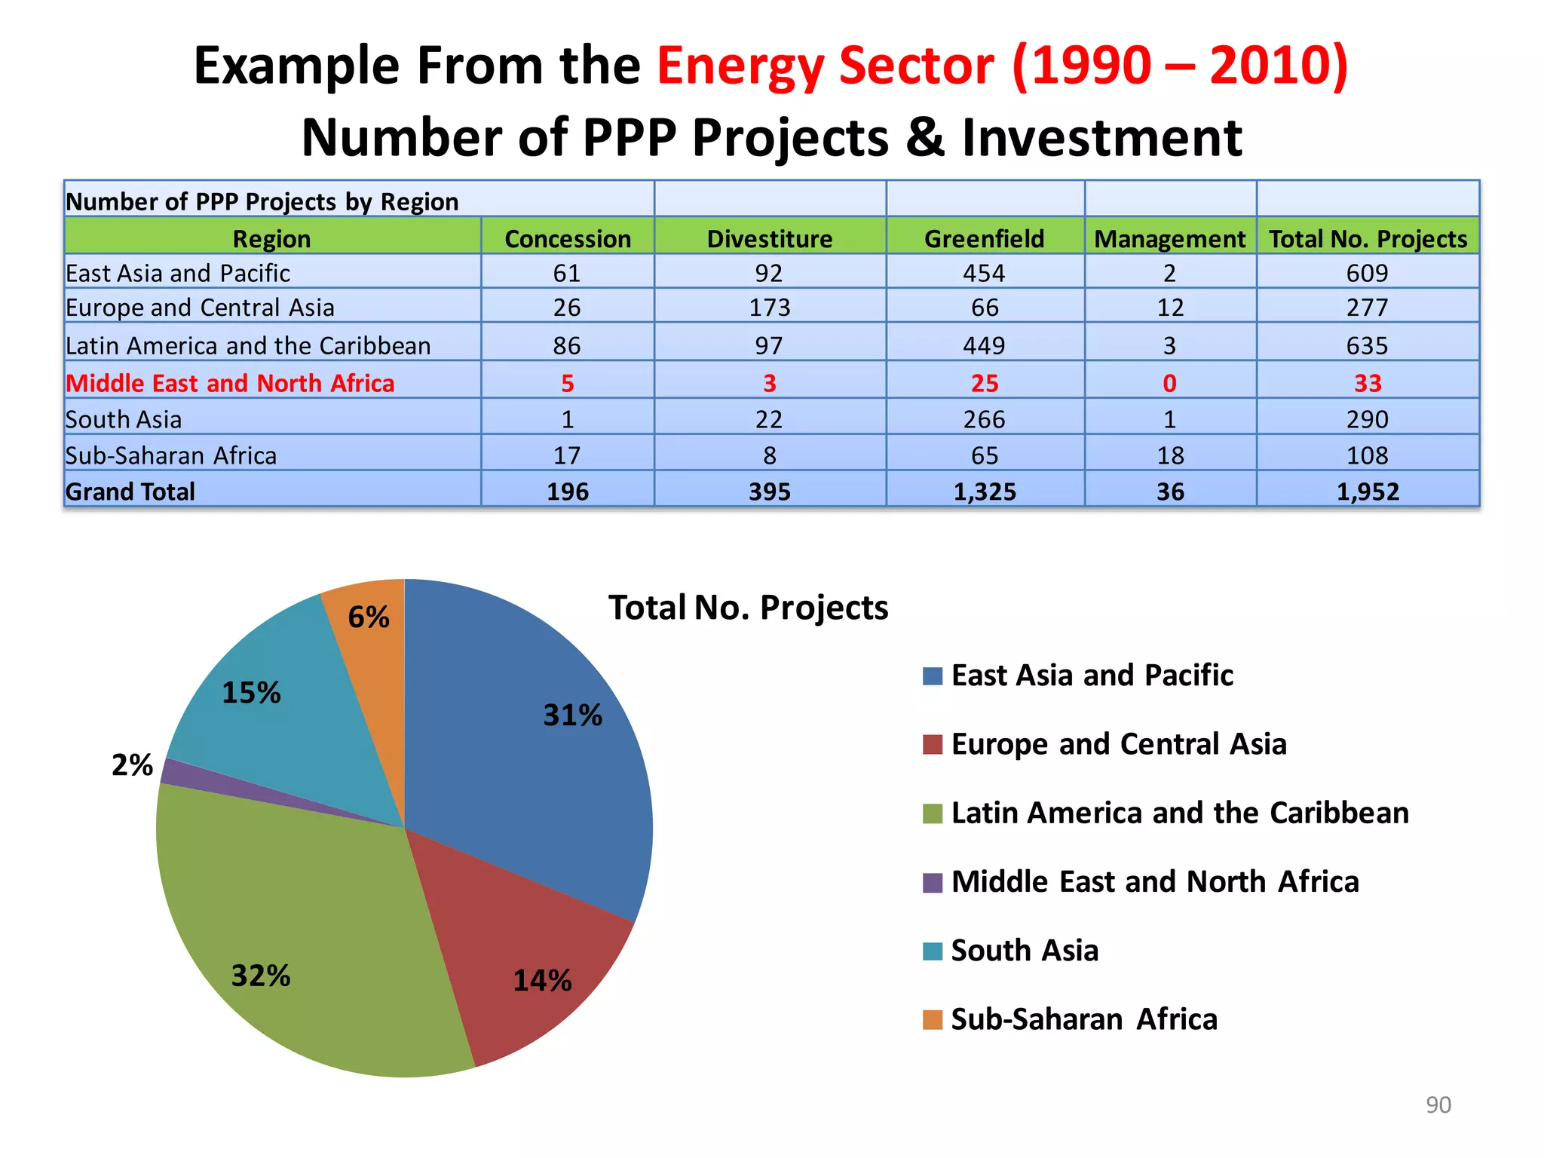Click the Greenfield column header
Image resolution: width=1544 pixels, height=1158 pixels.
point(984,239)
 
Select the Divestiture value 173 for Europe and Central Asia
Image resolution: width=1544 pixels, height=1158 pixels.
point(769,308)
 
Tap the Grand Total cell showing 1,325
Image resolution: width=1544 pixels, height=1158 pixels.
point(984,492)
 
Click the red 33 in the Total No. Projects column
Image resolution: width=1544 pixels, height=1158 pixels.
point(1367,383)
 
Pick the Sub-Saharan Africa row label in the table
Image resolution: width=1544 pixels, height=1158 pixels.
point(171,455)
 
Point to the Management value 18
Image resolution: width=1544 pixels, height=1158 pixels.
point(1170,455)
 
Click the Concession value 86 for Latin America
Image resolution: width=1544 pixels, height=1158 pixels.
point(567,345)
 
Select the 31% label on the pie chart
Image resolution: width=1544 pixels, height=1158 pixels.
point(573,715)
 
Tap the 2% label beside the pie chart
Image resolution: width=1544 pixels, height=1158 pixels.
point(132,765)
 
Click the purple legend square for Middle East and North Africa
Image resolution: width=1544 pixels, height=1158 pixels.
point(933,882)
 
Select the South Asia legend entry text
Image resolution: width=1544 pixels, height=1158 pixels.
point(1024,951)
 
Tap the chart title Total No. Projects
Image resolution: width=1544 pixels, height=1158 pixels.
point(748,608)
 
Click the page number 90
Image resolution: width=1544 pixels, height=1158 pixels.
point(1438,1104)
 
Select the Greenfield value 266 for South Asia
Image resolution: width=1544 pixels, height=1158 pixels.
point(984,419)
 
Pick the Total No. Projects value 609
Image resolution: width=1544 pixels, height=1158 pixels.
point(1367,273)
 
